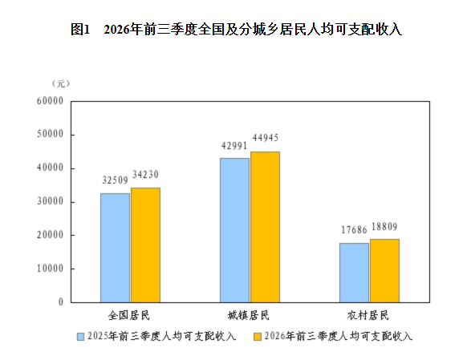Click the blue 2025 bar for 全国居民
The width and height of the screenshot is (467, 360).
115,248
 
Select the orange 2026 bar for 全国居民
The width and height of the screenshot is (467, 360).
146,245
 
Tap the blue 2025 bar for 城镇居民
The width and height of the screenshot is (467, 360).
234,230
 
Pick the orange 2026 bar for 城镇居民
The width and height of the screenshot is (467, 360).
265,227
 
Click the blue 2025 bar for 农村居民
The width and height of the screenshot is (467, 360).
354,273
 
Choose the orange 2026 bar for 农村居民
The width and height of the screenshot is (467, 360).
385,271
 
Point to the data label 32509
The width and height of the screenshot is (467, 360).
115,180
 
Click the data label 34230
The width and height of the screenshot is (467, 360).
146,175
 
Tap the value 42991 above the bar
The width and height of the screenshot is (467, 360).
234,146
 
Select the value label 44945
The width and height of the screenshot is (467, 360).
266,138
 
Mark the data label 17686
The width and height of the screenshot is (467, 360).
354,230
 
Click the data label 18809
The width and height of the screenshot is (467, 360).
384,227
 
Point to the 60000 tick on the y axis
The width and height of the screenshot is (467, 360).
51,101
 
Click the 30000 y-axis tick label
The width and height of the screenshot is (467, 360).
51,202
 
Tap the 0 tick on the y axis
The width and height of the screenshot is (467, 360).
61,302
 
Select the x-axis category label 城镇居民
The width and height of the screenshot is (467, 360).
249,315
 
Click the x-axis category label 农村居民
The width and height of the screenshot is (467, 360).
368,315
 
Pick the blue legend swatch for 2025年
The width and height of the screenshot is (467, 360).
80,337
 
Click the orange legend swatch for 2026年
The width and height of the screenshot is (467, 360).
258,337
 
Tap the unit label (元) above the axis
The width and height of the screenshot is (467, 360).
61,83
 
